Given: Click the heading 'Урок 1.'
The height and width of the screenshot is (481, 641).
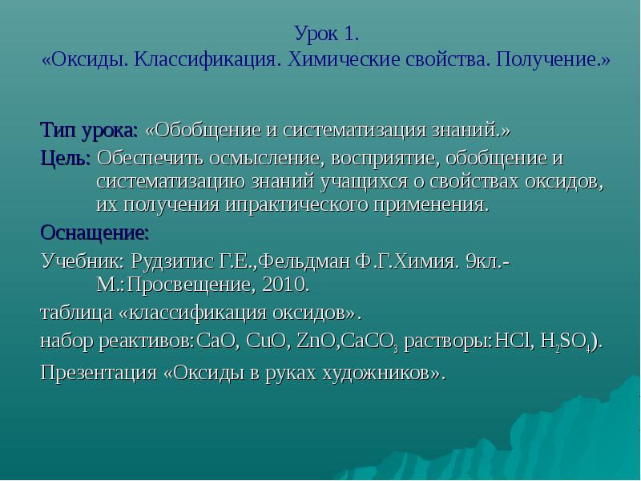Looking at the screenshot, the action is (x=327, y=34).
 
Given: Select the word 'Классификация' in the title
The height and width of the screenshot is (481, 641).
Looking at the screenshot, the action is (x=206, y=59).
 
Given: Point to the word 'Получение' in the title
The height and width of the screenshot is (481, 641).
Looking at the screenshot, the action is (x=546, y=59).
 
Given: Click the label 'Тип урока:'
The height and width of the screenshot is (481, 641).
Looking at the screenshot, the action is (x=90, y=131).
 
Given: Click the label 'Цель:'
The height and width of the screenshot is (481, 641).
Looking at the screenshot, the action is (x=66, y=158).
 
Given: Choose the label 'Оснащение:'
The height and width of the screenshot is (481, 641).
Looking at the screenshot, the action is (x=95, y=233).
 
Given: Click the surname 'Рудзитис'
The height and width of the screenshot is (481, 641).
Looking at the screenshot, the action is (x=171, y=261).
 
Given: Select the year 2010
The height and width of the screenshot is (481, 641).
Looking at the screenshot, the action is (x=286, y=285).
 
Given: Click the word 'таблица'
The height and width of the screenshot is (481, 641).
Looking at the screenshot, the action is (x=76, y=313).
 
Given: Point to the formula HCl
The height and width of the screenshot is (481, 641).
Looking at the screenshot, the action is (x=512, y=342).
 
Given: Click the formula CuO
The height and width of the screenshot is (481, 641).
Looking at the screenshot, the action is (x=266, y=342).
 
